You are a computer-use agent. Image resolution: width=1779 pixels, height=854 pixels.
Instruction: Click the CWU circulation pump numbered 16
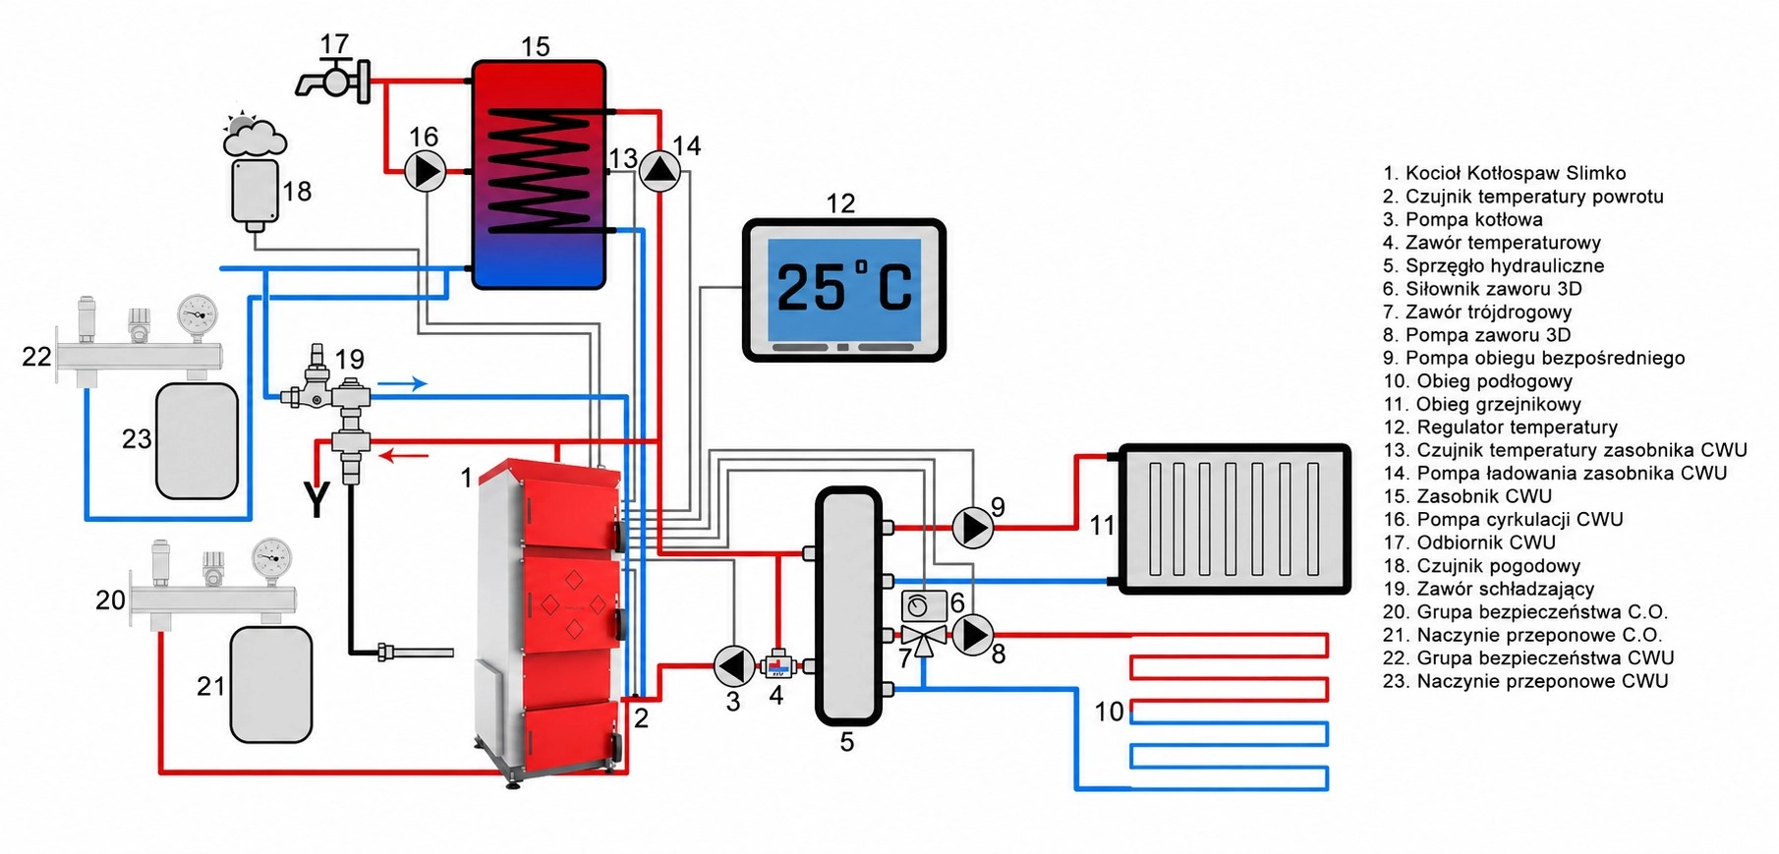tap(426, 172)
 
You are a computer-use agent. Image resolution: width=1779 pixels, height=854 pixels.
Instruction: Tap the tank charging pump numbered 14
tap(660, 172)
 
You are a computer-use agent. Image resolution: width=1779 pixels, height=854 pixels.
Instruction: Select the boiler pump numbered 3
tap(733, 666)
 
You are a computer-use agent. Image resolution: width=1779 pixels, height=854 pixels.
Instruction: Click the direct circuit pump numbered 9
tap(972, 529)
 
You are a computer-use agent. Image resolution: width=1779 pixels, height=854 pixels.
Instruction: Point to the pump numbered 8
tap(972, 635)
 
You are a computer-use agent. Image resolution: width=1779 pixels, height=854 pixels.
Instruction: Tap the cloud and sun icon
tap(255, 136)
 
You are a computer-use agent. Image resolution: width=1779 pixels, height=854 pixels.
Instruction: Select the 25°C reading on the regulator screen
tap(844, 287)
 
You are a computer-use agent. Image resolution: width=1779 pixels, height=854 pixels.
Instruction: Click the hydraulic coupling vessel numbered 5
tap(847, 606)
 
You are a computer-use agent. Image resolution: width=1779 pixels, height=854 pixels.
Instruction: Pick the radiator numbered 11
tap(1234, 519)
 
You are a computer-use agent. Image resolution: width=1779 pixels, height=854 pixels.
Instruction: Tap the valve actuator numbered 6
tap(924, 605)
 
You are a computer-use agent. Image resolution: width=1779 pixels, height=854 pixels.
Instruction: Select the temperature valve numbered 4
tap(776, 666)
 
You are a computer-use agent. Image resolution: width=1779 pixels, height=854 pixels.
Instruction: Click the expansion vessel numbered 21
tap(270, 685)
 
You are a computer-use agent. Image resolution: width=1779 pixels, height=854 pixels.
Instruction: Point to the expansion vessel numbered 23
tap(197, 440)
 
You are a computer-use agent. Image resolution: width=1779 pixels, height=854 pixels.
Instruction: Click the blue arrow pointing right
tap(403, 383)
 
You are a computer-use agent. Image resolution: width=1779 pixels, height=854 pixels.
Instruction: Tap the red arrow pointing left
tap(404, 455)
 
